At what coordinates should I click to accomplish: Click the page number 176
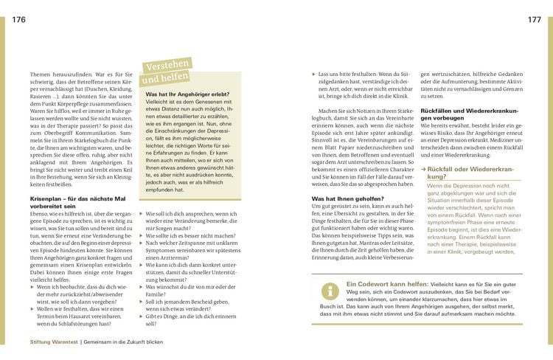18,19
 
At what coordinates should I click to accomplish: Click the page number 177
535,19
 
